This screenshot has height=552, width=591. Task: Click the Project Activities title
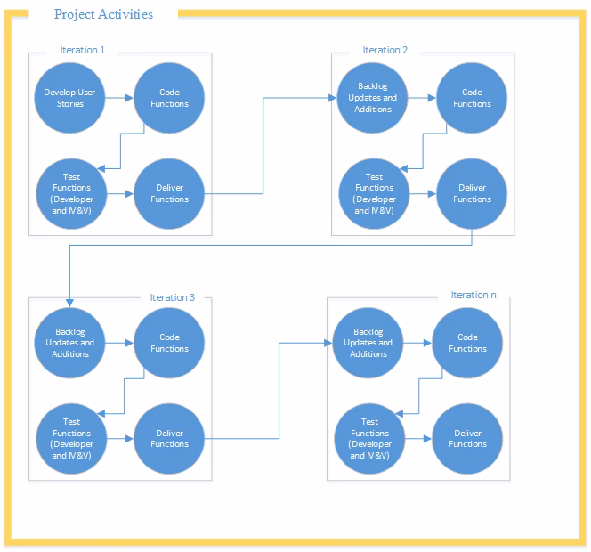pyautogui.click(x=103, y=14)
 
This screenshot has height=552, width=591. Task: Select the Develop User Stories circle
pyautogui.click(x=70, y=98)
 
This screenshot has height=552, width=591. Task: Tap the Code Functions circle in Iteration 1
pyautogui.click(x=169, y=98)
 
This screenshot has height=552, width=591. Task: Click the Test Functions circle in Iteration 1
pyautogui.click(x=71, y=193)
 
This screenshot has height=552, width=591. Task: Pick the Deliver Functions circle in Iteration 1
pyautogui.click(x=169, y=193)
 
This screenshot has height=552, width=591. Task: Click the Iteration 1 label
pyautogui.click(x=83, y=50)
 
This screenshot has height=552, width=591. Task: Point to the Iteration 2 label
pyautogui.click(x=385, y=50)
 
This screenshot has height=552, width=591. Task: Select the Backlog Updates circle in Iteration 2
pyautogui.click(x=374, y=98)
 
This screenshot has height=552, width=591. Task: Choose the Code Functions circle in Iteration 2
pyautogui.click(x=472, y=98)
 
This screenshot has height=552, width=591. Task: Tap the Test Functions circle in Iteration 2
pyautogui.click(x=374, y=193)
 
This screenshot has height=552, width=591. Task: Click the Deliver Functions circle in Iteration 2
pyautogui.click(x=472, y=193)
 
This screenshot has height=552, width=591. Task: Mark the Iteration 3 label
pyautogui.click(x=173, y=297)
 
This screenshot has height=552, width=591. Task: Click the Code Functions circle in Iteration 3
pyautogui.click(x=169, y=343)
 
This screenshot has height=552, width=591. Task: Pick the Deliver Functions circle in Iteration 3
pyautogui.click(x=169, y=438)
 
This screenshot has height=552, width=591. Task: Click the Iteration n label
pyautogui.click(x=474, y=295)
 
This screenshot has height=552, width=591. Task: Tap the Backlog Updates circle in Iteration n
pyautogui.click(x=368, y=343)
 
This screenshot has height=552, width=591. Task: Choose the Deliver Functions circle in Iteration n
pyautogui.click(x=467, y=438)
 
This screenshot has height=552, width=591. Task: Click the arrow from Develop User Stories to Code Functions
pyautogui.click(x=120, y=98)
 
